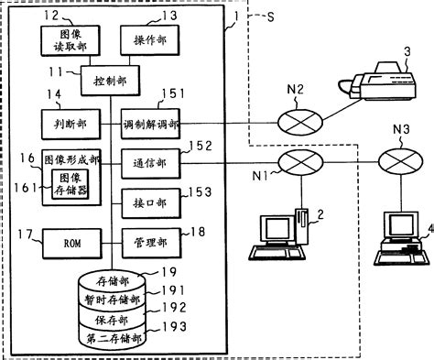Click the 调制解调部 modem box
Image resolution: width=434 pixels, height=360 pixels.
[x=150, y=122]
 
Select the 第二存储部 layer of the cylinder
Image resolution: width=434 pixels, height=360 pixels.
[x=112, y=338]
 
